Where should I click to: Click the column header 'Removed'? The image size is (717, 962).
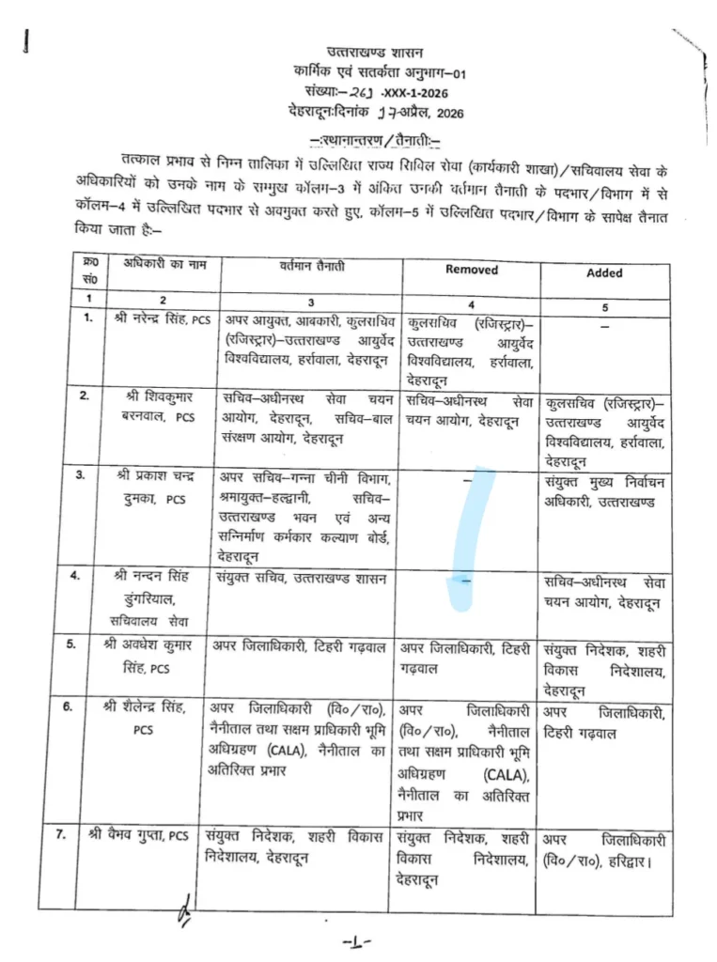click(472, 270)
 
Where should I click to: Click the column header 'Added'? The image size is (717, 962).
click(604, 273)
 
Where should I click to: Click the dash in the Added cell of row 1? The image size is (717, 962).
click(605, 325)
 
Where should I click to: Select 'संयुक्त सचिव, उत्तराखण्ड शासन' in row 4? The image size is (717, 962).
click(300, 578)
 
